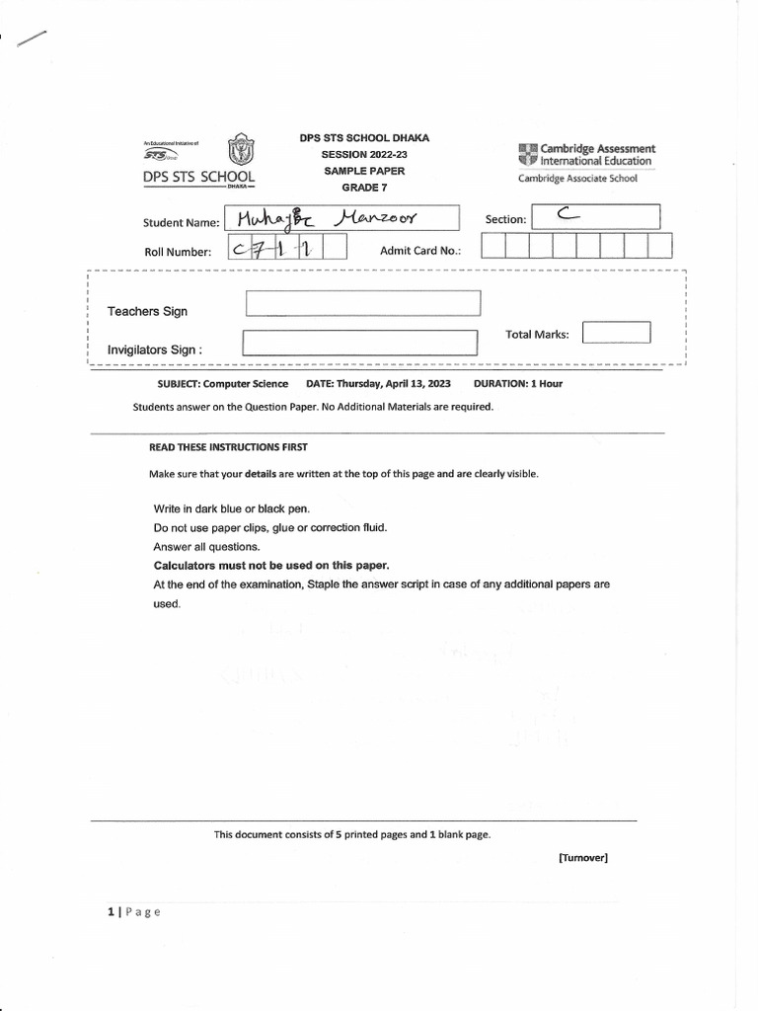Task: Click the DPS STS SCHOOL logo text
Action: click(x=198, y=177)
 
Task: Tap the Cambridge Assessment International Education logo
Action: click(x=585, y=154)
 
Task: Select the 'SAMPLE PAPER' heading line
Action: click(x=364, y=171)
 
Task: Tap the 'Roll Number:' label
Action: click(x=178, y=252)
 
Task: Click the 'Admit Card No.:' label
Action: click(x=420, y=251)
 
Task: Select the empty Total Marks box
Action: click(x=616, y=333)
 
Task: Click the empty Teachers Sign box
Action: click(x=362, y=303)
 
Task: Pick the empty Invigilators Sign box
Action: click(x=359, y=343)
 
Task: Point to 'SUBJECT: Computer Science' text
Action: click(x=223, y=384)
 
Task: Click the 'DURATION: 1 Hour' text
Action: click(x=518, y=384)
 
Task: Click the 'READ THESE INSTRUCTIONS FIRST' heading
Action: click(x=228, y=447)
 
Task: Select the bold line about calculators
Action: click(x=271, y=566)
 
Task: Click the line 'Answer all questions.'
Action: click(x=206, y=547)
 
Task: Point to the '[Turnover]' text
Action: click(x=582, y=858)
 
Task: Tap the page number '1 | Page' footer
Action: click(x=133, y=912)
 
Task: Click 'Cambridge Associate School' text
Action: click(x=577, y=179)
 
